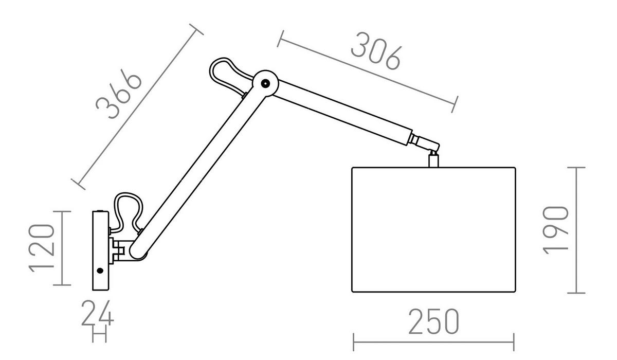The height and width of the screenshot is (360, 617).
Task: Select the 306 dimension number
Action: pyautogui.click(x=376, y=51)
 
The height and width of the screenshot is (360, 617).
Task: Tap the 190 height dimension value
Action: pyautogui.click(x=555, y=230)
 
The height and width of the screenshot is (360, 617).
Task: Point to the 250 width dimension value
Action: pyautogui.click(x=434, y=321)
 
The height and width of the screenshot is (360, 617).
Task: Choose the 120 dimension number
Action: pyautogui.click(x=41, y=248)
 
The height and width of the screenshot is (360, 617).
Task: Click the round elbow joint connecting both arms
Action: pyautogui.click(x=265, y=83)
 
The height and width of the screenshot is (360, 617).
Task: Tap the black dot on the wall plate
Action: pyautogui.click(x=100, y=271)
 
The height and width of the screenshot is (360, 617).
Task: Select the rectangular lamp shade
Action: pyautogui.click(x=433, y=229)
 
